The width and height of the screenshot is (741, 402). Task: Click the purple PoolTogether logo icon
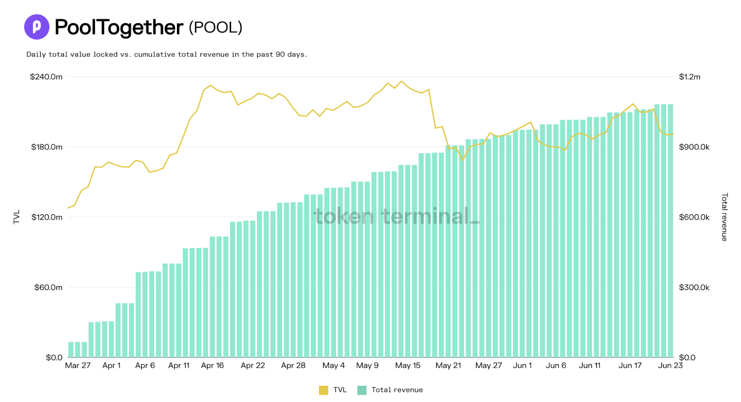[37, 27]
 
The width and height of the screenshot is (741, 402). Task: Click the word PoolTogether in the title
[119, 27]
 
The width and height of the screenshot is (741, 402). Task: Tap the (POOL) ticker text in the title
[215, 27]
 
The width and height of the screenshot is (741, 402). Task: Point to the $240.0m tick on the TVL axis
[46, 77]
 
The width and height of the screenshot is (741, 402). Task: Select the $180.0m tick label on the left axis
[47, 147]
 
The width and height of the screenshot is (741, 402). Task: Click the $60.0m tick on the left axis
[48, 288]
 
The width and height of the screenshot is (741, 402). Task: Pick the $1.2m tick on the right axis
[690, 77]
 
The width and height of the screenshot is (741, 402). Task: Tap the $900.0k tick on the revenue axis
[694, 147]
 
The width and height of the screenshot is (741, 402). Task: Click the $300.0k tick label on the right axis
[694, 288]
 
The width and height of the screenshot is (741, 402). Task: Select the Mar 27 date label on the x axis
[78, 365]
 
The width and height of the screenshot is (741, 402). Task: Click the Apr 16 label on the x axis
[213, 365]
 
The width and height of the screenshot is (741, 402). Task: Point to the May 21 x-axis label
[448, 365]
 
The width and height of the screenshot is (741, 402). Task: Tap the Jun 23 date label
[670, 365]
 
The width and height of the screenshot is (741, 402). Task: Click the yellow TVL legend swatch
[323, 390]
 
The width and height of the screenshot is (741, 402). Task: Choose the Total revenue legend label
[397, 390]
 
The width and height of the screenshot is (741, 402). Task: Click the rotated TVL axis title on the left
[17, 217]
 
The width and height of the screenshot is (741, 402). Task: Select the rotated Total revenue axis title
[725, 217]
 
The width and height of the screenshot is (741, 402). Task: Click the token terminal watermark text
[396, 216]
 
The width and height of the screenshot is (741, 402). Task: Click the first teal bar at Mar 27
[71, 350]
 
